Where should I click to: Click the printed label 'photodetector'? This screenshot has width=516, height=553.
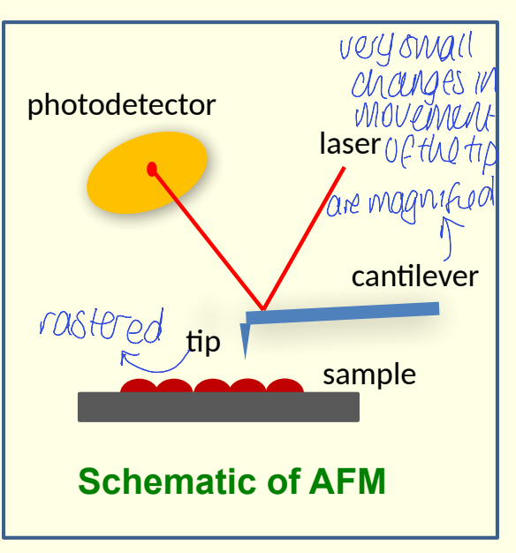coord(121,106)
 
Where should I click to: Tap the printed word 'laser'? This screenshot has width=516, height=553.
coord(349,144)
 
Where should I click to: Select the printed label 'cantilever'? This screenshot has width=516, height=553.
coord(414,276)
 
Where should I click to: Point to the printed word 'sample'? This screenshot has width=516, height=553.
coord(368,375)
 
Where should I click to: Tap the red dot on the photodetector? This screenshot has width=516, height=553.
coord(152,168)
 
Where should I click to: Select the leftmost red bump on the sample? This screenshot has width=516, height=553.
coord(138,386)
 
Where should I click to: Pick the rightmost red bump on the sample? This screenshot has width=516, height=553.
coord(285,386)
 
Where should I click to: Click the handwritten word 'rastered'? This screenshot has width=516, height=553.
coord(102,327)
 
